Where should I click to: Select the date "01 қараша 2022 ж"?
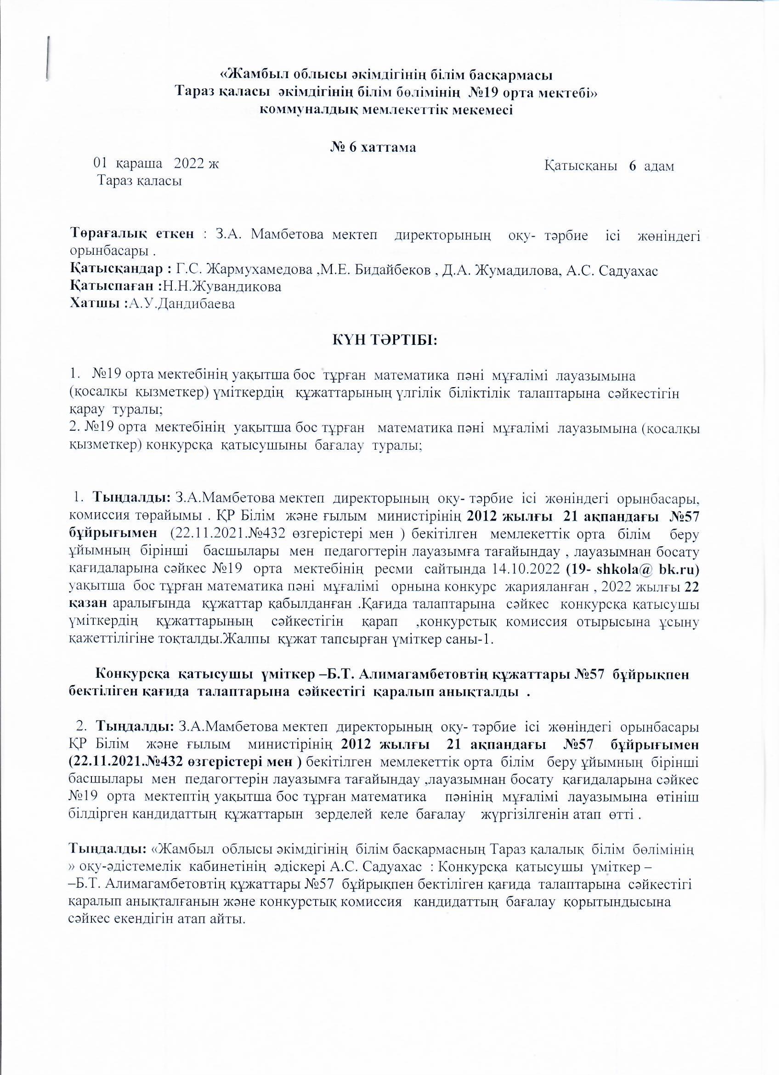(156, 164)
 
